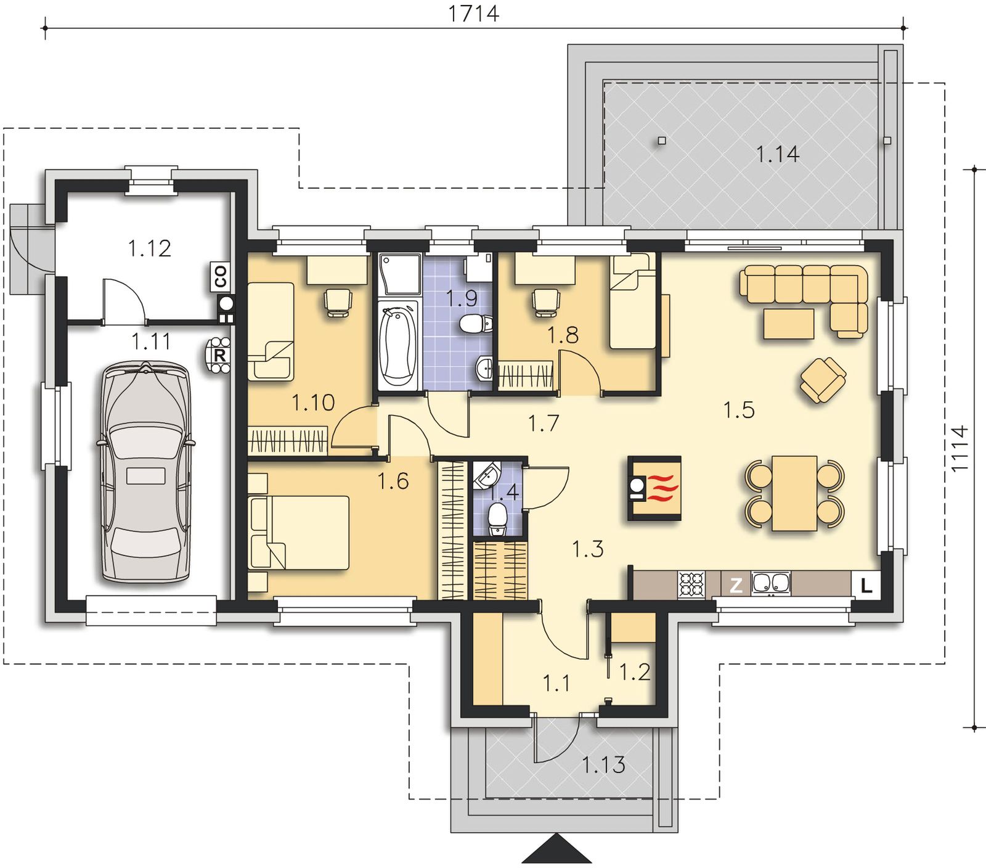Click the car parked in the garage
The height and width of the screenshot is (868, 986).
coord(145,472)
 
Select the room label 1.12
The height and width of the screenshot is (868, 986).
coord(149,248)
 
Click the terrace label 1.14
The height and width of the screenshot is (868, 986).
coord(778,154)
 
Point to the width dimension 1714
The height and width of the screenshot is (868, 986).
coord(473,13)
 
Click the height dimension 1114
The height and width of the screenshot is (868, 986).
coord(960,448)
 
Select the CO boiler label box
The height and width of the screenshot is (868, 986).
coord(220,277)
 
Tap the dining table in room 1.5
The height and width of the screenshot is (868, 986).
coord(795,493)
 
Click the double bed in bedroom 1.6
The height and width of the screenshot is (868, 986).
coord(299,532)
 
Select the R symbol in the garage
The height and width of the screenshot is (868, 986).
coord(219,356)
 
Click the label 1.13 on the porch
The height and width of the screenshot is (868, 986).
coord(604,765)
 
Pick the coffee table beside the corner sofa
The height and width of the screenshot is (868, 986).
coord(789,324)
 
